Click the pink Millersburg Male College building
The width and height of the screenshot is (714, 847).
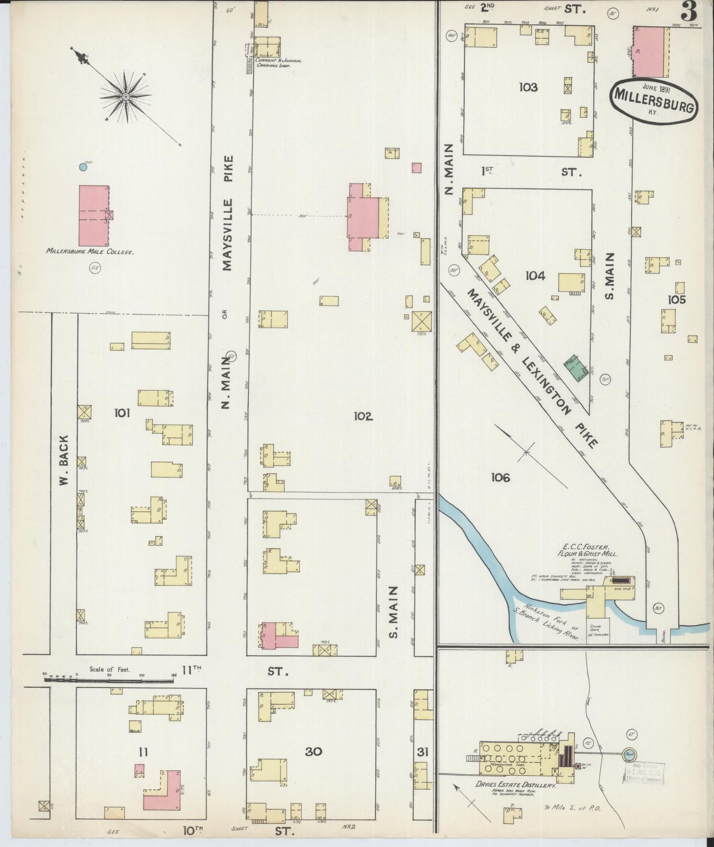pos(93,215)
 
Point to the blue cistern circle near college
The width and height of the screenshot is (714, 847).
pos(83,168)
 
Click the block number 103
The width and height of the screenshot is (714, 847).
pos(528,87)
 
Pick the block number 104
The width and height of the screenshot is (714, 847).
pos(535,276)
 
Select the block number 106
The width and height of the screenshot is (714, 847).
pos(500,477)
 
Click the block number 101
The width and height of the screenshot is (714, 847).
pos(122,413)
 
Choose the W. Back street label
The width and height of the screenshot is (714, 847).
pos(64,460)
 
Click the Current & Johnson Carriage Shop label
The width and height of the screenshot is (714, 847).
pos(278,63)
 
